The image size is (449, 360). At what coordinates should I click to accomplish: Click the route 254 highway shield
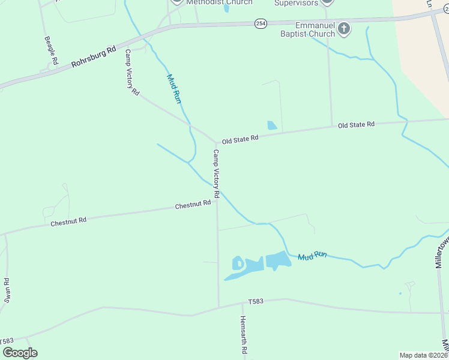pyautogui.click(x=260, y=23)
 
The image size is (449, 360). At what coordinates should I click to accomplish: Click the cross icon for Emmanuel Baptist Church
pyautogui.click(x=344, y=28)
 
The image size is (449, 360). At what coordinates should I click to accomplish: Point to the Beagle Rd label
pyautogui.click(x=51, y=50)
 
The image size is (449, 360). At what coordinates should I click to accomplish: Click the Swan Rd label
pyautogui.click(x=7, y=290)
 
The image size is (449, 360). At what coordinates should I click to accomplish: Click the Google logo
pyautogui.click(x=20, y=353)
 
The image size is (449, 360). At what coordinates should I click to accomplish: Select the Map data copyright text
pyautogui.click(x=424, y=355)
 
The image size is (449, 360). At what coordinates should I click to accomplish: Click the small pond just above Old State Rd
pyautogui.click(x=272, y=125)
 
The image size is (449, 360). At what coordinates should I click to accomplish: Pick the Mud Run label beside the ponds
pyautogui.click(x=313, y=256)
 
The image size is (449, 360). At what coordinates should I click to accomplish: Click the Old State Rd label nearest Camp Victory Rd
pyautogui.click(x=240, y=139)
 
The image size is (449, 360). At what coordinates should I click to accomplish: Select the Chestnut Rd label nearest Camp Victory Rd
pyautogui.click(x=193, y=205)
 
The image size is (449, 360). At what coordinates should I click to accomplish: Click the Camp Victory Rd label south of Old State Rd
pyautogui.click(x=216, y=175)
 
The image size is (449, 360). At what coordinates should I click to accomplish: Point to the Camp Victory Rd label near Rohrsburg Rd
pyautogui.click(x=132, y=73)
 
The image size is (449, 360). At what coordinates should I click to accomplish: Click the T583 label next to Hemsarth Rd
pyautogui.click(x=256, y=301)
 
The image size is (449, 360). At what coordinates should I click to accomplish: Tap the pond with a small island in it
pyautogui.click(x=239, y=263)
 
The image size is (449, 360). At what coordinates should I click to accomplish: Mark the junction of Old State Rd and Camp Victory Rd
pyautogui.click(x=216, y=142)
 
